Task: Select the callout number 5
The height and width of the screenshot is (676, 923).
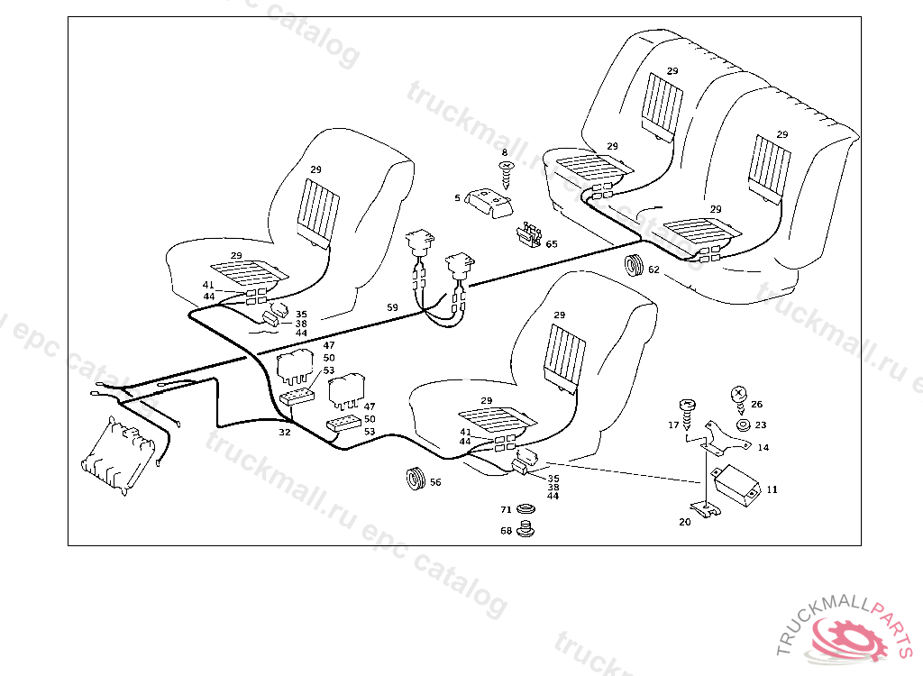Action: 457,198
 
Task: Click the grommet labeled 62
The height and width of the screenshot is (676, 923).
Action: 635,267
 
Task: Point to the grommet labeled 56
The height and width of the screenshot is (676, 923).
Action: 415,480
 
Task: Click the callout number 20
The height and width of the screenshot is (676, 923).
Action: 685,521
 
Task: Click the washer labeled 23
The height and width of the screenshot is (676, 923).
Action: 742,425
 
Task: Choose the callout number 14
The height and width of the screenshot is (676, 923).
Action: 763,447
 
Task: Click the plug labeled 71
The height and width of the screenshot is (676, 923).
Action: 528,511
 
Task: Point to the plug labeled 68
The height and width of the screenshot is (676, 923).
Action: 528,531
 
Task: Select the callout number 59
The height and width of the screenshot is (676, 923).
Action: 392,307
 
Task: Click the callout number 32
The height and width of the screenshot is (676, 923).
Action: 284,433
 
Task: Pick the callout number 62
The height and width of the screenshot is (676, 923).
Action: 653,269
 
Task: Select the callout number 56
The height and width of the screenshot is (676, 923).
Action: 435,482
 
